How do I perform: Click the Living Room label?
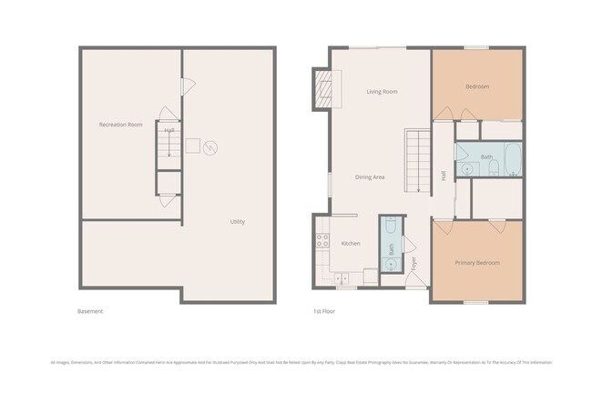click(x=382, y=92)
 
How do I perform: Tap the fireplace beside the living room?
click(x=322, y=89)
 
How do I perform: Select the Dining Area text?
click(x=370, y=177)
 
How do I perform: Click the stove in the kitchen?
click(x=322, y=241)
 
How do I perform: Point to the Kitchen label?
click(x=351, y=244)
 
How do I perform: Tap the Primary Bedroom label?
click(x=477, y=263)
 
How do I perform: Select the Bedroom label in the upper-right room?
click(x=477, y=86)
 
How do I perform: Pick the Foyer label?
click(x=414, y=266)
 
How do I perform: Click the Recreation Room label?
click(x=121, y=124)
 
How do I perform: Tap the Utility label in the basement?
click(x=237, y=221)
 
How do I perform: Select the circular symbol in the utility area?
click(x=210, y=146)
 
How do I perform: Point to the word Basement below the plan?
click(x=90, y=311)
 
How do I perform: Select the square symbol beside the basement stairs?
click(x=192, y=146)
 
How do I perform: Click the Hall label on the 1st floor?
click(x=444, y=176)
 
